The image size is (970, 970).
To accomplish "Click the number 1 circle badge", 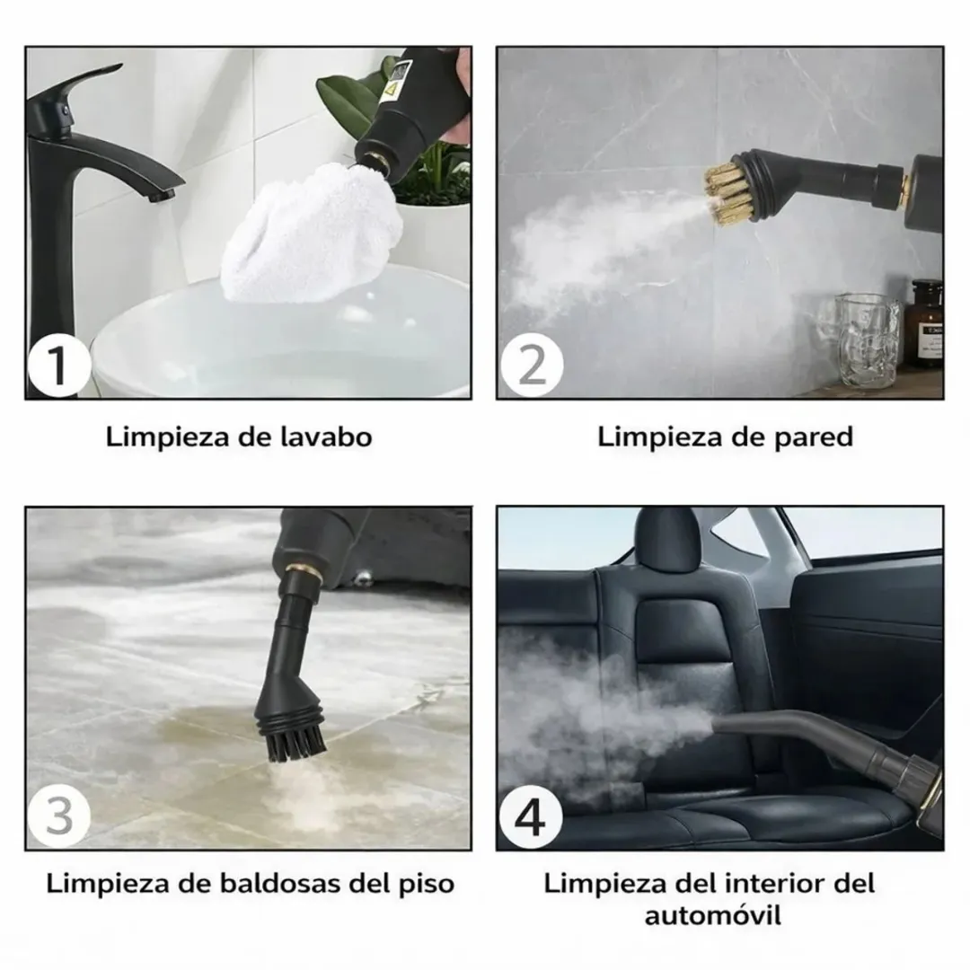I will click(57, 367).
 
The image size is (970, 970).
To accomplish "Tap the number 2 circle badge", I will click(531, 367).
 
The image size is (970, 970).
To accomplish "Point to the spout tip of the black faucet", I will click(163, 195).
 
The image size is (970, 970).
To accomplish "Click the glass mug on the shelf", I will click(868, 340).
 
